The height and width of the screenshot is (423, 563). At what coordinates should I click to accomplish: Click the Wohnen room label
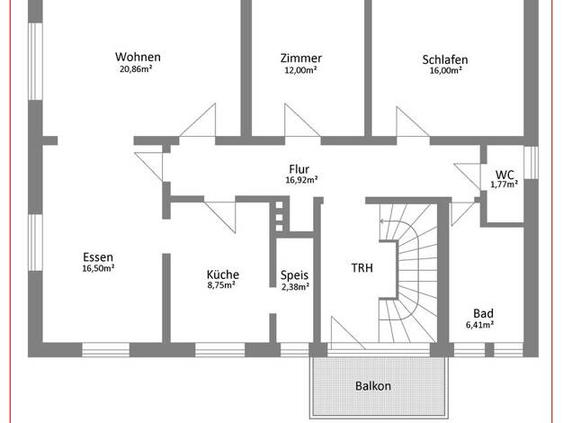pyautogui.click(x=138, y=57)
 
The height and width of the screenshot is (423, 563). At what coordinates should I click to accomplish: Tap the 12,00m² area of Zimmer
pyautogui.click(x=300, y=69)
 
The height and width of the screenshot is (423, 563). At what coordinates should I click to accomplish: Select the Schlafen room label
pyautogui.click(x=445, y=59)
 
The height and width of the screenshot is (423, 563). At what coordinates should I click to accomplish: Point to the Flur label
pyautogui.click(x=299, y=168)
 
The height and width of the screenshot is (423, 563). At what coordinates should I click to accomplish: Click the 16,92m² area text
pyautogui.click(x=301, y=180)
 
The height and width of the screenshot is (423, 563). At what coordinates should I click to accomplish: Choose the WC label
pyautogui.click(x=505, y=175)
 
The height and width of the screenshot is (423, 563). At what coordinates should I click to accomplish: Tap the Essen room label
pyautogui.click(x=98, y=257)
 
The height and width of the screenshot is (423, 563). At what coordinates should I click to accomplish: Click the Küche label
pyautogui.click(x=223, y=274)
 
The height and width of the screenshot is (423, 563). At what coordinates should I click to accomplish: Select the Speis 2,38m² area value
pyautogui.click(x=295, y=286)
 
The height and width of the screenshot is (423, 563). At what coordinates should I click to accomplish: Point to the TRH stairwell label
pyautogui.click(x=362, y=267)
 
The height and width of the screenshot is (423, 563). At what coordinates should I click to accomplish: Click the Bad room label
pyautogui.click(x=483, y=313)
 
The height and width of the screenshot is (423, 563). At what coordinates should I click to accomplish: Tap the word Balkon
pyautogui.click(x=373, y=385)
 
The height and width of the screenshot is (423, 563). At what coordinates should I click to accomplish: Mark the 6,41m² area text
pyautogui.click(x=479, y=325)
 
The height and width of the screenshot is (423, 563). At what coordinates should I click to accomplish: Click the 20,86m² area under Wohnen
pyautogui.click(x=136, y=69)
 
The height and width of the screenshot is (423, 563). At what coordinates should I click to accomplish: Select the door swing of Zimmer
pyautogui.click(x=302, y=120)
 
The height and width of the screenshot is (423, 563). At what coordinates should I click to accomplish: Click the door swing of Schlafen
pyautogui.click(x=413, y=121)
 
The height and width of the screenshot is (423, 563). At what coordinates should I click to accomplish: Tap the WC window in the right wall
pyautogui.click(x=531, y=162)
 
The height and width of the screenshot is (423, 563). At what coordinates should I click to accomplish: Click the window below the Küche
pyautogui.click(x=219, y=350)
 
